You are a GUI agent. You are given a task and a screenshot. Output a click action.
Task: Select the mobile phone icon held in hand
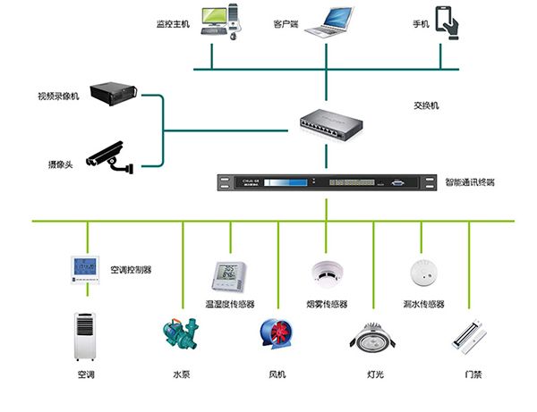pos(447,21)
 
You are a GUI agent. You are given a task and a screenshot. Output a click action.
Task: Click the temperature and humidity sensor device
pos(226,276)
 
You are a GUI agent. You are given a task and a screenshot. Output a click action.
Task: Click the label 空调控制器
pos(131,268)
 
